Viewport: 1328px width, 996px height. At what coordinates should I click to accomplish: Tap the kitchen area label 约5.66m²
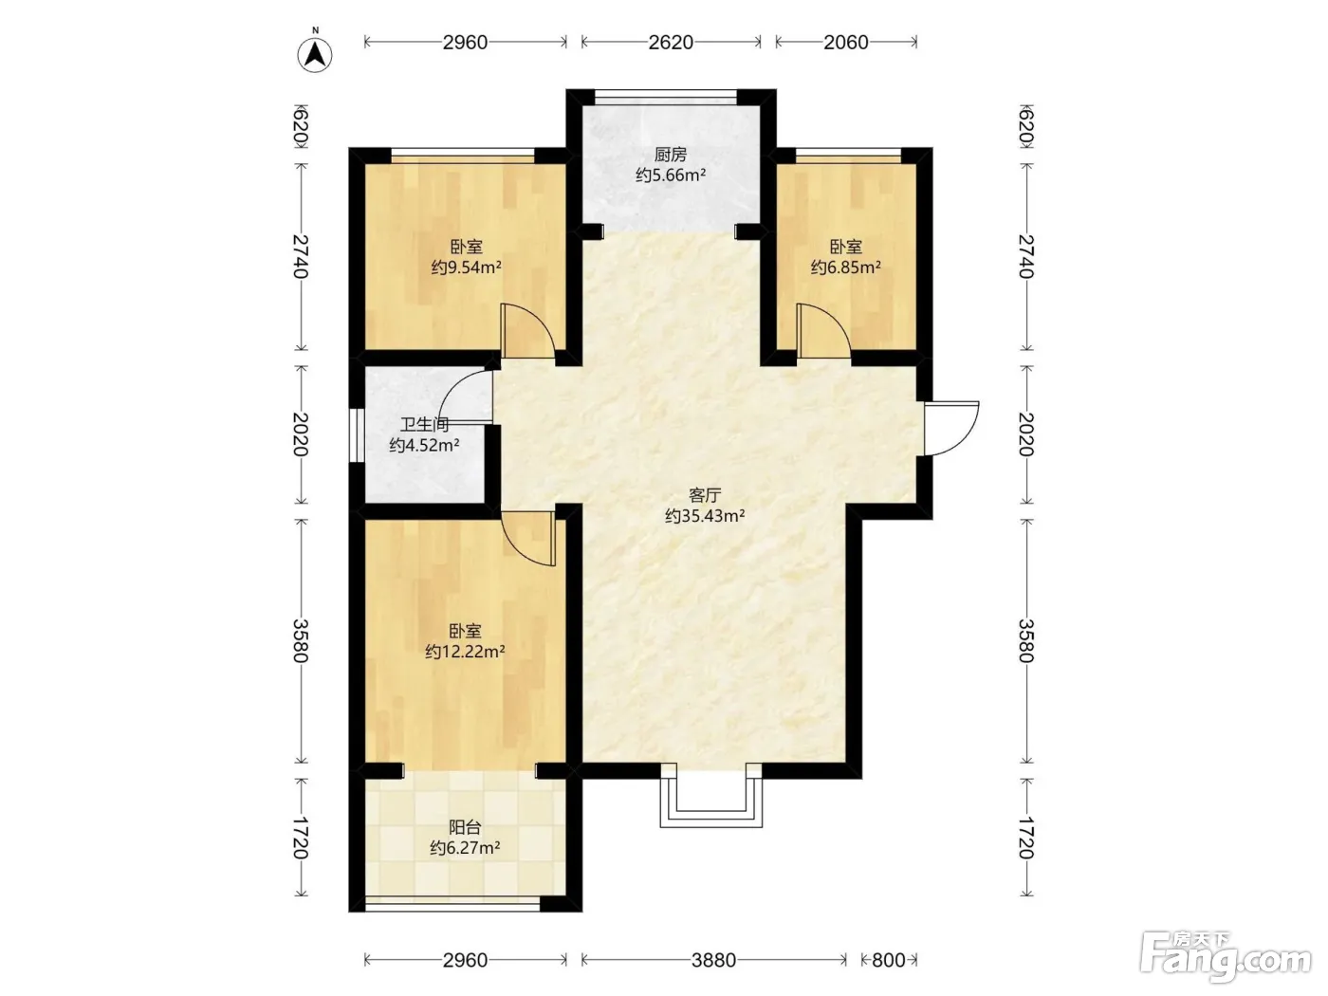point(671,175)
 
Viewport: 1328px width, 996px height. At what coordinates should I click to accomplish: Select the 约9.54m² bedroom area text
point(466,267)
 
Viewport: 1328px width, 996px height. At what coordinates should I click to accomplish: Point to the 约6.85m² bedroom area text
point(846,267)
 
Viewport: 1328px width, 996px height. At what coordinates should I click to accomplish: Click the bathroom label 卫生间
point(424,425)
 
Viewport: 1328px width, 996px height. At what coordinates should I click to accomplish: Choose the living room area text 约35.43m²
point(705,516)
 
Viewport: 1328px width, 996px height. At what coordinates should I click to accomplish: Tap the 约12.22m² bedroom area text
point(465,652)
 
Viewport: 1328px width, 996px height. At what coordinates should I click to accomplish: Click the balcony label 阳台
point(465,826)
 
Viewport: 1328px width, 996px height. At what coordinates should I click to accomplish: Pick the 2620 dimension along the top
point(671,43)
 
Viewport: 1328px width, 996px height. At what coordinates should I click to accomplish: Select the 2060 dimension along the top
point(846,43)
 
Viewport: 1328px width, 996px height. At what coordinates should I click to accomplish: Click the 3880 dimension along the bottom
point(714,960)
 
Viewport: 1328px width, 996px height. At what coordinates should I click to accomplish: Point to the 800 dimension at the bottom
point(889,960)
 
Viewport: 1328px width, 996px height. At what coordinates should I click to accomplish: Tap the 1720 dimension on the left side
point(301,838)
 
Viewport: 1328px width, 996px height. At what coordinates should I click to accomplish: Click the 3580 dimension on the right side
point(1025,641)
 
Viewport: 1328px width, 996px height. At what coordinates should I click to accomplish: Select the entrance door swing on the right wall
point(951,428)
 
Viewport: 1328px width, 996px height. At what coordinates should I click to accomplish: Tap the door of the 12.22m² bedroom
point(528,538)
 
